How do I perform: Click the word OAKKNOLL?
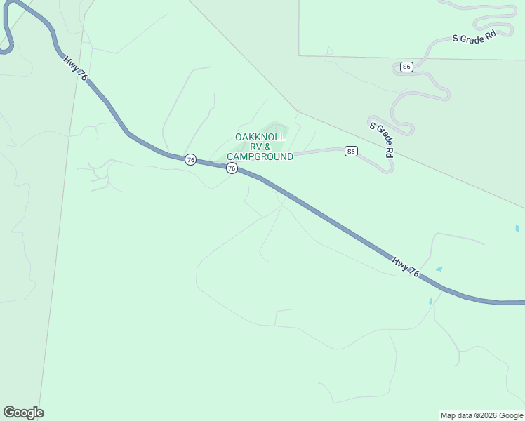[260, 137]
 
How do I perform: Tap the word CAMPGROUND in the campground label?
[260, 157]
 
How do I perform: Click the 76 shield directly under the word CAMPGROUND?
[232, 168]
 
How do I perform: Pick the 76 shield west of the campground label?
[190, 160]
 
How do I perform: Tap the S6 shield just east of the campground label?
[351, 151]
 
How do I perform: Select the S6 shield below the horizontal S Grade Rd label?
[406, 67]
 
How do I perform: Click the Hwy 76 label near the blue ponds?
[406, 267]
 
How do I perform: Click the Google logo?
[23, 413]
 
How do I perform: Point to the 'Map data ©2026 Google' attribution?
[482, 415]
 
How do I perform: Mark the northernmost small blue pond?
[517, 228]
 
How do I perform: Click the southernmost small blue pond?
[430, 300]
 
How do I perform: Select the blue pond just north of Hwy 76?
[439, 269]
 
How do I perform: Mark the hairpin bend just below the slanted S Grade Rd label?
[388, 168]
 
